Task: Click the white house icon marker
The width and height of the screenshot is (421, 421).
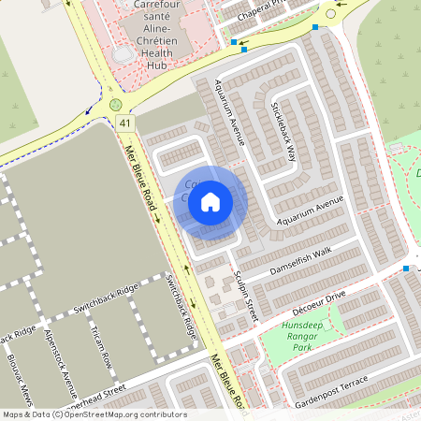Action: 210,201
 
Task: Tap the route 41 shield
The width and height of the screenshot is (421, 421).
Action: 125,123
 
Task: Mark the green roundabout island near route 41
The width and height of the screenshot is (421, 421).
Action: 115,105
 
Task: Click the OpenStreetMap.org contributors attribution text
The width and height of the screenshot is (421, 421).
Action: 125,414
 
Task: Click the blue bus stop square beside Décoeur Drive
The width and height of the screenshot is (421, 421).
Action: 406,269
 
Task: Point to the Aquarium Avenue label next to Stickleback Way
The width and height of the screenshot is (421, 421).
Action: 229,112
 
